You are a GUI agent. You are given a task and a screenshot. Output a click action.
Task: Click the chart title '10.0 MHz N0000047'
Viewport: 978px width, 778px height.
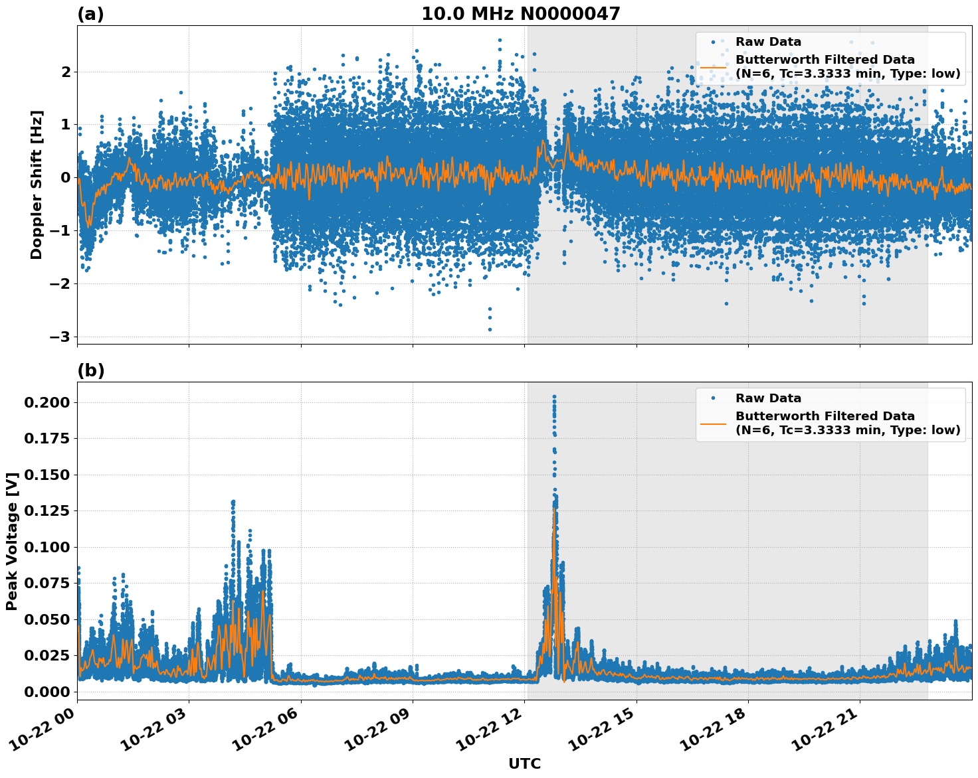(x=520, y=14)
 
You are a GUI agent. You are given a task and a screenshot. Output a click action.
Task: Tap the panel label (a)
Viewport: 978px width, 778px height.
(x=90, y=14)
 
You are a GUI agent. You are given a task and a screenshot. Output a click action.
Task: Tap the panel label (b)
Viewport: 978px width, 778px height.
(x=90, y=370)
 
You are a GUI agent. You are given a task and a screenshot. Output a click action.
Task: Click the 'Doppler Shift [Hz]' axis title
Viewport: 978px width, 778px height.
(x=37, y=185)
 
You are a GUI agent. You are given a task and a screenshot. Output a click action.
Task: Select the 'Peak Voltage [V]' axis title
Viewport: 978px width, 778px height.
(x=11, y=541)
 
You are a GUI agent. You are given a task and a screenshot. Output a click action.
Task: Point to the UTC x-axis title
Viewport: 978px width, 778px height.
(x=524, y=763)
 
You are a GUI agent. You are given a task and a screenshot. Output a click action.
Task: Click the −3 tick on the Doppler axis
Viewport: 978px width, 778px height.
(x=59, y=337)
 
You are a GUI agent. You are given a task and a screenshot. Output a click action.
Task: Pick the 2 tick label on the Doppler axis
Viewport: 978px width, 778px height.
(x=65, y=72)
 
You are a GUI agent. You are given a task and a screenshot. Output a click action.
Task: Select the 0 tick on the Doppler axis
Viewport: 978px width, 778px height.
(x=65, y=177)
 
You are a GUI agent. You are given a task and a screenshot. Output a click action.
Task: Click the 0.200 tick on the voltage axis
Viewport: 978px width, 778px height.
(x=46, y=402)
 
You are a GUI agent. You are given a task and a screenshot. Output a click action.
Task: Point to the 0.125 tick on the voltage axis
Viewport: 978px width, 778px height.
(x=46, y=511)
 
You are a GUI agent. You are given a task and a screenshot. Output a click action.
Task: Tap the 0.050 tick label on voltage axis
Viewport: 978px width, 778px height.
(x=46, y=619)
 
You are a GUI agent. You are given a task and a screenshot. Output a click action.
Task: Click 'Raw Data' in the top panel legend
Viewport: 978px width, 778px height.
(x=768, y=42)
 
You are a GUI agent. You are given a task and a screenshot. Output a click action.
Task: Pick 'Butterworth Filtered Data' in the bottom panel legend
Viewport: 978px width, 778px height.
(x=825, y=416)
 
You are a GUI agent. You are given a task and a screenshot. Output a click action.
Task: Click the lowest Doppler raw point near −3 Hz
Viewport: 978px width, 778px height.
(x=490, y=329)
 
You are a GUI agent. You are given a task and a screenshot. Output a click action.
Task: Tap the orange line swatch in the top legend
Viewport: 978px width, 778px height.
(x=714, y=67)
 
